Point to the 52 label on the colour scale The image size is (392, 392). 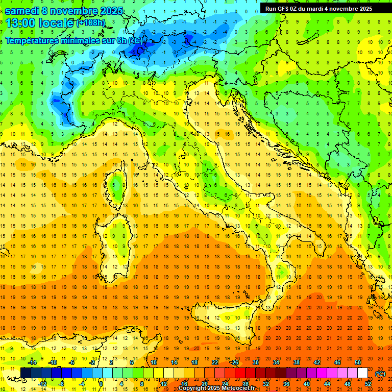367,384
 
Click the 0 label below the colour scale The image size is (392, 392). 101,384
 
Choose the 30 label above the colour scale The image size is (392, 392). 255,362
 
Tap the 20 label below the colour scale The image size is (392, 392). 204,384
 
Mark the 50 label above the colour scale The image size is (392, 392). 357,362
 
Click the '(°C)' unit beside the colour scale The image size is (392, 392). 380,373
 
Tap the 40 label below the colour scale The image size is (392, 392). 306,384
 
